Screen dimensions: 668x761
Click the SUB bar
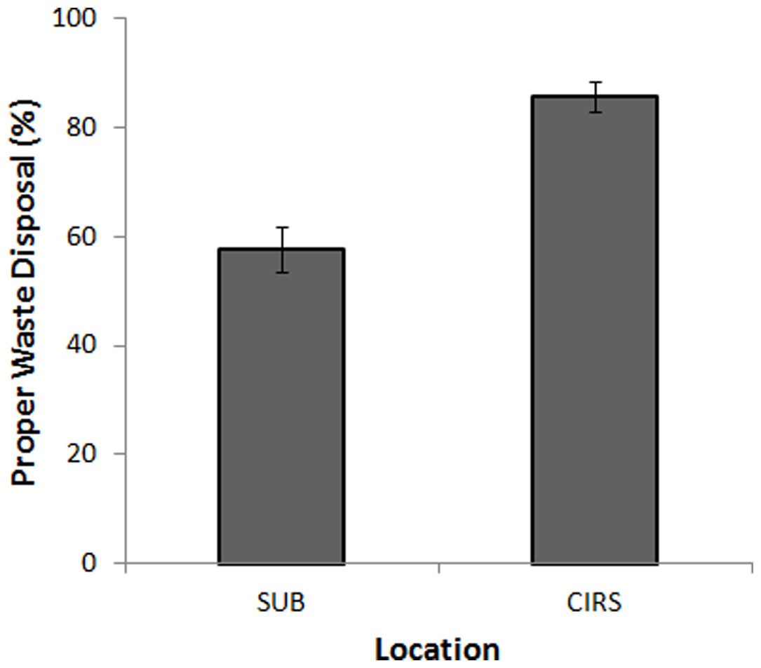281,407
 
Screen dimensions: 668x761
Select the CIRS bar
595,329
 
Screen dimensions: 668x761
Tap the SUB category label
281,603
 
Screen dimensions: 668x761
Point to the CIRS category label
595,603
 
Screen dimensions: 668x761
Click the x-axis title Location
438,648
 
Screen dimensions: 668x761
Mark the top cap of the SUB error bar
281,228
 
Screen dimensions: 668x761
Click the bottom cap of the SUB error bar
281,272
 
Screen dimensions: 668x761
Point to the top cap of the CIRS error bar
595,83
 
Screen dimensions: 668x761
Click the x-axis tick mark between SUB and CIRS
438,568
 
